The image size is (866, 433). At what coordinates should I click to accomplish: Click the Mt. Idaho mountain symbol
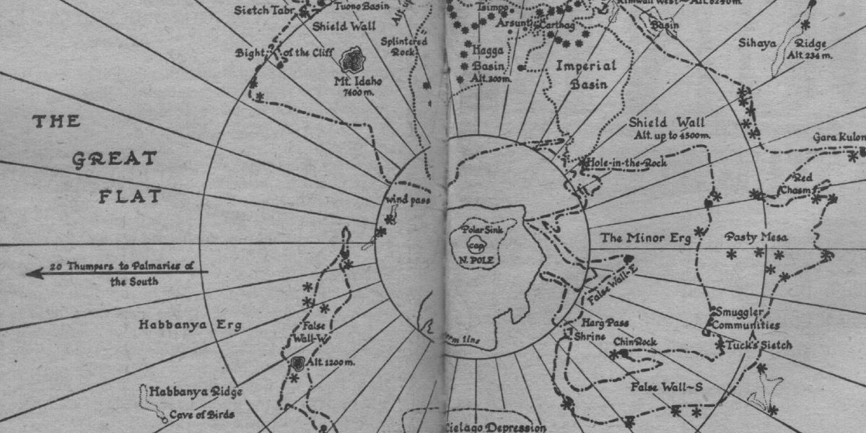(353, 58)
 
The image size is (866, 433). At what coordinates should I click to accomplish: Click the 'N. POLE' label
(483, 258)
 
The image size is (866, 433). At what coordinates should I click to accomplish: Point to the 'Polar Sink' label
(481, 230)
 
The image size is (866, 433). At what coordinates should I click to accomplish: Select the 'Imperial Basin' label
(587, 74)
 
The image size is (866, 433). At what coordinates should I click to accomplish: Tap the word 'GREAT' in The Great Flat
(115, 159)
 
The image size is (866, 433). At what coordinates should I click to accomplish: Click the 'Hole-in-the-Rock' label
(626, 163)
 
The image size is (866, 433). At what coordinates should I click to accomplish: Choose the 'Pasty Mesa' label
(756, 237)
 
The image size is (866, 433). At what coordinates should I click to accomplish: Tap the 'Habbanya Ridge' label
(195, 392)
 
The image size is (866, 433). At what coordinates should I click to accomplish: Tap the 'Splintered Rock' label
(409, 46)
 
